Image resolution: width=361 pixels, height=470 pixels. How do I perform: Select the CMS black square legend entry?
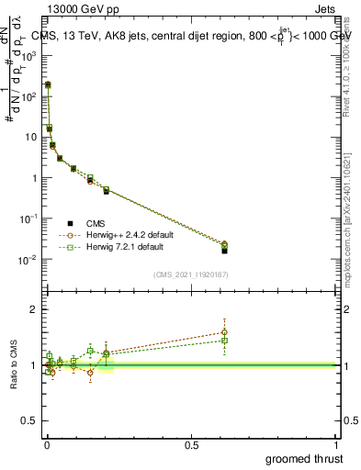click(x=70, y=223)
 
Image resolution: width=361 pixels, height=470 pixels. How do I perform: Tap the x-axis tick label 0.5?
click(x=192, y=444)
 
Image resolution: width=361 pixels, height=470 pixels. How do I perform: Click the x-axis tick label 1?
click(x=336, y=444)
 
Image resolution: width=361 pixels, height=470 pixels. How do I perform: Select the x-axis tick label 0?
click(x=47, y=444)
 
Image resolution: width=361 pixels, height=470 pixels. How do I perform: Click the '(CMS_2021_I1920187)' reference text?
click(x=192, y=274)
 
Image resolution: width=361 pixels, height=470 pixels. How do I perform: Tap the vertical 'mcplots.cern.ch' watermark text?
click(x=347, y=229)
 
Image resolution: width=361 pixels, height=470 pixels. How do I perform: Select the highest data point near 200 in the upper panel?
click(x=48, y=84)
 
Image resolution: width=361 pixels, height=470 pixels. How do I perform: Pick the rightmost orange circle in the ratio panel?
click(x=224, y=332)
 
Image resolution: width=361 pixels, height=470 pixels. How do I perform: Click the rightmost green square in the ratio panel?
click(x=224, y=341)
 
